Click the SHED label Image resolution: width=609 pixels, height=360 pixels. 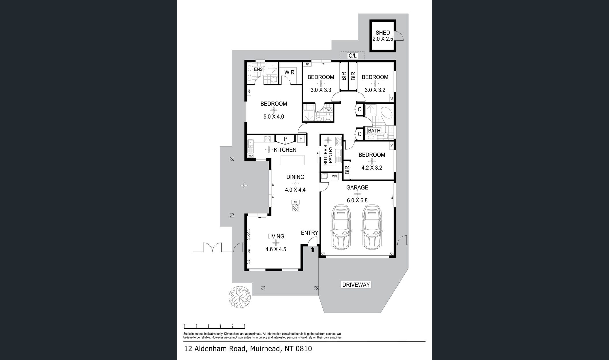coord(383,33)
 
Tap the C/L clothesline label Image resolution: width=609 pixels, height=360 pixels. coord(353,56)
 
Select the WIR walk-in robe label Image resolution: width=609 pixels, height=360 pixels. coord(289,72)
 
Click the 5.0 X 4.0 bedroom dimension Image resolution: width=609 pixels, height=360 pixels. coord(274,117)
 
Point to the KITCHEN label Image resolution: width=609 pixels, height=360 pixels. coord(285,150)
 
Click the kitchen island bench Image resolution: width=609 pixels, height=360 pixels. coord(292,160)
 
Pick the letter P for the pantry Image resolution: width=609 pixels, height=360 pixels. coord(285,139)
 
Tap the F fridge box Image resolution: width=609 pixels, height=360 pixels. coord(301,139)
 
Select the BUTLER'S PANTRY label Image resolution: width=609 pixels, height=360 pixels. coord(328,155)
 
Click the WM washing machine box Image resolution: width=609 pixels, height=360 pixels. coord(334,176)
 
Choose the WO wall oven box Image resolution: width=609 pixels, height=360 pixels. coord(251,156)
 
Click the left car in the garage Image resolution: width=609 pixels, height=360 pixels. coord(341,227)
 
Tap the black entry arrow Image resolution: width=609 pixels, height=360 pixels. coord(313,250)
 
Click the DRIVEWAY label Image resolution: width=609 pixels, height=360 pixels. coord(356,285)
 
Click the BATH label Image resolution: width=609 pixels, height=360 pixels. coord(374,131)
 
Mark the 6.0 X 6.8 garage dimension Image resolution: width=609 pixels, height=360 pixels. coord(357,200)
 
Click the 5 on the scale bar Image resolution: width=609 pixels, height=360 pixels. coord(245,325)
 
